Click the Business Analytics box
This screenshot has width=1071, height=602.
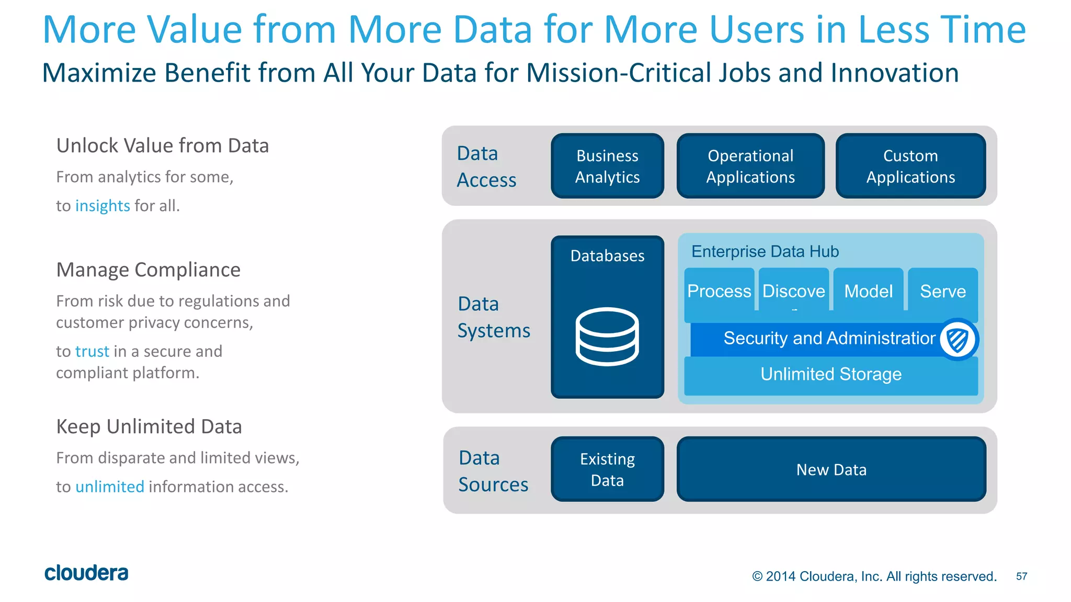click(x=607, y=166)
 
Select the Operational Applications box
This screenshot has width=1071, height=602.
click(x=750, y=166)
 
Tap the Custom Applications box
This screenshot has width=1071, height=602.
click(x=910, y=166)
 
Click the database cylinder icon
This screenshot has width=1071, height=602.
click(x=607, y=337)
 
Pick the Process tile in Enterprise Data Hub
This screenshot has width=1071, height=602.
click(x=719, y=291)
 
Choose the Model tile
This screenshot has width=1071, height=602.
click(x=868, y=291)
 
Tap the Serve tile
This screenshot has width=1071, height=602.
click(x=943, y=291)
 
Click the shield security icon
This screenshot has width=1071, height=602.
click(x=958, y=340)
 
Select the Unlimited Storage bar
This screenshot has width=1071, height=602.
click(x=831, y=375)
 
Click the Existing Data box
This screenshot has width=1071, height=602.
click(x=607, y=469)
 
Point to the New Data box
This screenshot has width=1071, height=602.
click(x=831, y=469)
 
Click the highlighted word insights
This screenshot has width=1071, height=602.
click(x=102, y=206)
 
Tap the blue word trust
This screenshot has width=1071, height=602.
click(x=93, y=351)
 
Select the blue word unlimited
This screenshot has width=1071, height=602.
click(x=110, y=487)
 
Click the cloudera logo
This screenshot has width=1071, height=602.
click(x=86, y=573)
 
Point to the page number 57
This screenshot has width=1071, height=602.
click(x=1021, y=576)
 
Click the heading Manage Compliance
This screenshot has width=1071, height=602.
click(x=149, y=270)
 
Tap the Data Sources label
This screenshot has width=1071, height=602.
click(x=493, y=471)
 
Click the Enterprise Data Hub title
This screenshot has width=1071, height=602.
click(x=765, y=252)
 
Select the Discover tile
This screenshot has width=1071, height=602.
click(x=793, y=291)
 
